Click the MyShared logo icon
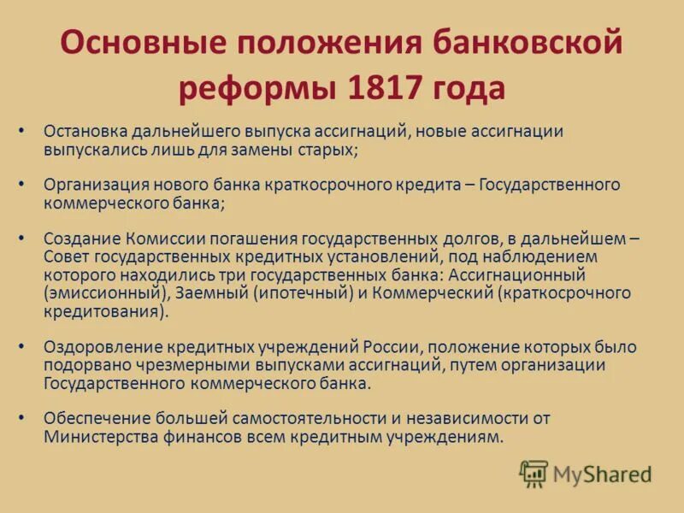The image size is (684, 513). pyautogui.click(x=534, y=474)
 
